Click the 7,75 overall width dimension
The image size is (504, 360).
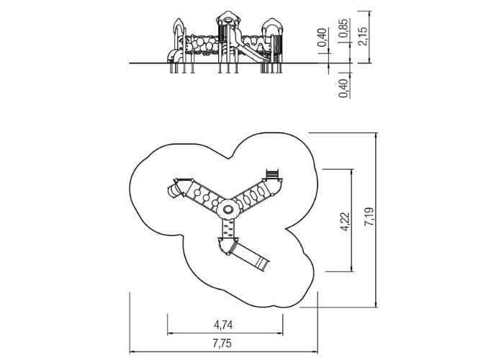[x=222, y=343]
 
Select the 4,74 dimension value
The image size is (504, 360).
[x=223, y=325]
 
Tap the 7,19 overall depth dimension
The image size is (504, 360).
[x=369, y=217]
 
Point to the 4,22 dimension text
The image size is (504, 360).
[x=345, y=222]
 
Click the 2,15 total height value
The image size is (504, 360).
[x=363, y=36]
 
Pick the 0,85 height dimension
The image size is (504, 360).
[x=343, y=28]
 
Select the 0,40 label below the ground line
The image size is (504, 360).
[x=343, y=88]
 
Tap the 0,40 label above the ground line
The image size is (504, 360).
[x=323, y=37]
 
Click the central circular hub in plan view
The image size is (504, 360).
[x=228, y=210]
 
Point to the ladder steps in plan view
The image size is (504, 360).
[x=272, y=174]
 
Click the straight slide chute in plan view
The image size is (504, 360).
[x=250, y=257]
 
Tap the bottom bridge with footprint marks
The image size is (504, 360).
[x=228, y=229]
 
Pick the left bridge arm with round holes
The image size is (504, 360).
[x=203, y=197]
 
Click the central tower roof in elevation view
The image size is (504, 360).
[x=228, y=17]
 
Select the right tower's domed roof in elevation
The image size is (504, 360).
[x=272, y=25]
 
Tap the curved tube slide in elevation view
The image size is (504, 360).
[x=174, y=56]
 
